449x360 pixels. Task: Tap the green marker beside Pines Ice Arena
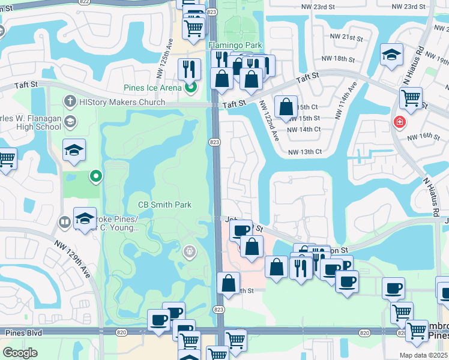[191, 89]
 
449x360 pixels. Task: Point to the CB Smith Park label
[164, 205]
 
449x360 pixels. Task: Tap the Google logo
[20, 352]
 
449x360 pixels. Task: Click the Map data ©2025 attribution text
[423, 355]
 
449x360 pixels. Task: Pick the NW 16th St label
[427, 137]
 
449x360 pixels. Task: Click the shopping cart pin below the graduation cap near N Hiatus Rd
[411, 98]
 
